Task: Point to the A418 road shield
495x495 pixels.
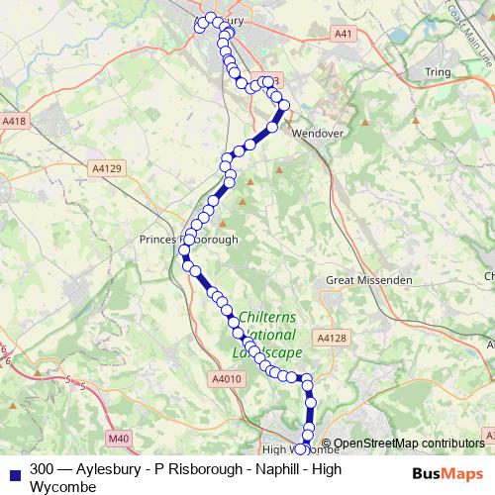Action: pyautogui.click(x=14, y=121)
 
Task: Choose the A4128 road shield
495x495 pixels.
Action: pyautogui.click(x=333, y=338)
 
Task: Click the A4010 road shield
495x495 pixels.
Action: pyautogui.click(x=226, y=379)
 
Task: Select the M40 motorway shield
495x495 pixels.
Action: pyautogui.click(x=119, y=438)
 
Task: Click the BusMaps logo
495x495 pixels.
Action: pyautogui.click(x=446, y=472)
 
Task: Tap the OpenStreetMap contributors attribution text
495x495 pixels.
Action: pyautogui.click(x=408, y=444)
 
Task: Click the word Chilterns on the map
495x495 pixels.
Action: pyautogui.click(x=268, y=317)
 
